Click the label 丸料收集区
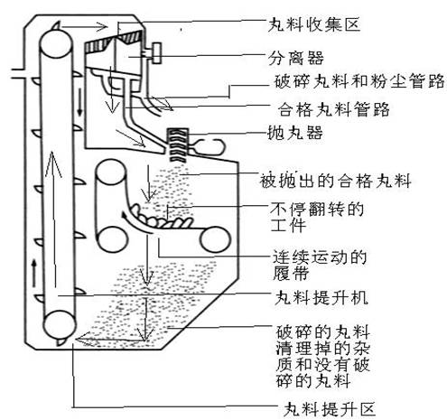point(314,24)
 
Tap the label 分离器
point(296,58)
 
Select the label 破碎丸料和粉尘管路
point(359,80)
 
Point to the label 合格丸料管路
point(333,109)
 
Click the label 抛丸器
point(295,132)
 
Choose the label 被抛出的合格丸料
point(335,181)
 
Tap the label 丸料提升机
point(321,297)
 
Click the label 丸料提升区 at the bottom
point(330,408)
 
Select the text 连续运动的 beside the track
point(320,257)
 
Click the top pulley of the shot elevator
point(56,44)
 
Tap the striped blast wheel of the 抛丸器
point(178,145)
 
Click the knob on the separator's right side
point(156,53)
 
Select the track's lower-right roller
point(215,240)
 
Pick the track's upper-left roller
point(110,173)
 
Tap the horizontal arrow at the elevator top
point(84,26)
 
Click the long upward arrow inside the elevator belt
point(53,220)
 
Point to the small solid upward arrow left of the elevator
point(34,273)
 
